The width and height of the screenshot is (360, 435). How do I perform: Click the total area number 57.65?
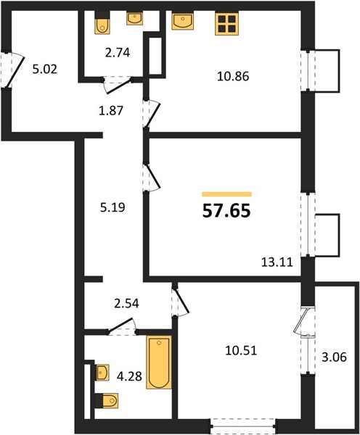[x=226, y=211]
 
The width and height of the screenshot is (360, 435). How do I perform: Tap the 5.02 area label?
[x=45, y=70]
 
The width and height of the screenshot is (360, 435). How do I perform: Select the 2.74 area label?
[x=118, y=53]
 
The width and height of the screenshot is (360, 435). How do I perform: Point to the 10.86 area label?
[x=233, y=76]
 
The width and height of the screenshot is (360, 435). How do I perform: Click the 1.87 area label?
[x=111, y=111]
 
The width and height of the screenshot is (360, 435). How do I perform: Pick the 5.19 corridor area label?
[x=112, y=207]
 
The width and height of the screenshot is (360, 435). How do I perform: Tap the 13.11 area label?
[x=277, y=262]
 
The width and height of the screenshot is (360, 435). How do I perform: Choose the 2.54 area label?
[x=126, y=304]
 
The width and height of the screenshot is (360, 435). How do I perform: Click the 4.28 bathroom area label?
[x=129, y=376]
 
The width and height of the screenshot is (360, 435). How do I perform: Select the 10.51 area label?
[x=241, y=351]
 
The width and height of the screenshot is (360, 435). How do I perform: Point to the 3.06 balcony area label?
[x=334, y=357]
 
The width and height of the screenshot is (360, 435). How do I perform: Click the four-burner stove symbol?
[x=226, y=24]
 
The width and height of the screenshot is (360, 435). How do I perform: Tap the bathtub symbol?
[x=159, y=362]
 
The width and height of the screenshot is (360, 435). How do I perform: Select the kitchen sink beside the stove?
[x=182, y=21]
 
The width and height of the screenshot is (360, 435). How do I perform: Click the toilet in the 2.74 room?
[x=102, y=24]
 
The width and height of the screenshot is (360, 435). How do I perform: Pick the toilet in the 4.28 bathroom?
[x=107, y=401]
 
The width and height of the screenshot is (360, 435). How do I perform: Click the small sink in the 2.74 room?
[x=135, y=19]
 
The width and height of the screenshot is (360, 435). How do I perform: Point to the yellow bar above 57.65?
[x=226, y=194]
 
